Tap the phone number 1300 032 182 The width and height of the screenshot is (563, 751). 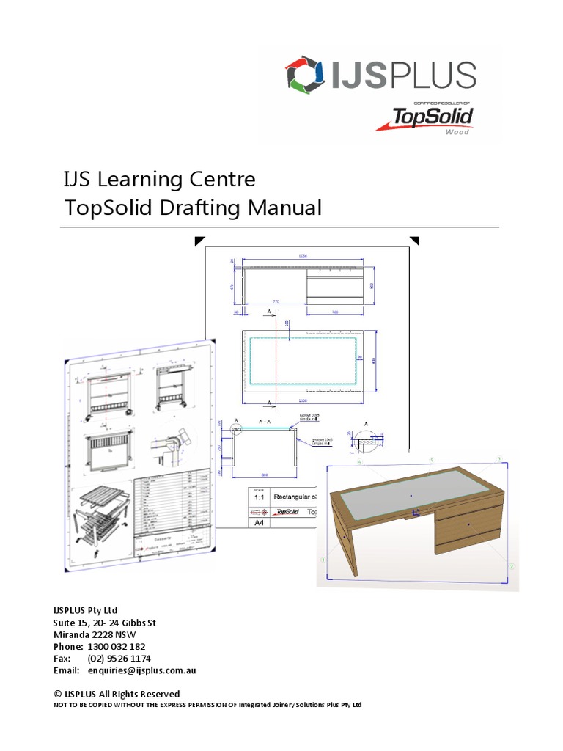click(117, 647)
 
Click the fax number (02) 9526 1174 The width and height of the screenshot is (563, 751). click(118, 659)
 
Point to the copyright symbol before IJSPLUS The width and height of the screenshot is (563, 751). click(57, 694)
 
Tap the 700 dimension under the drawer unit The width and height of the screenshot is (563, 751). click(335, 312)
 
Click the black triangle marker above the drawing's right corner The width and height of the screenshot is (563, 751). click(414, 240)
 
